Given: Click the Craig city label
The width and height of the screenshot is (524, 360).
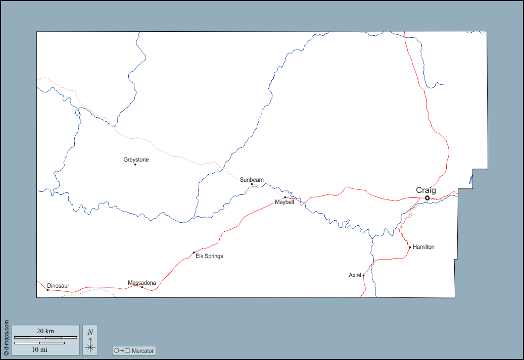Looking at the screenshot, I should coord(425,190).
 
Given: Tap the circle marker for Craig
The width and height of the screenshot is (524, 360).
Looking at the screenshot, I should coord(427,198).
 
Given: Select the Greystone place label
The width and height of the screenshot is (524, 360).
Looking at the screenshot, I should coord(136,160).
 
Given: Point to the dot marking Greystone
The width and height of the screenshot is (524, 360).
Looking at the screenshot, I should coord(135,164).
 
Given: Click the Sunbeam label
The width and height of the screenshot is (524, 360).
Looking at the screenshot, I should coord(252,180).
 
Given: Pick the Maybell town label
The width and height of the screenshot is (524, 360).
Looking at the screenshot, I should coord(284,202).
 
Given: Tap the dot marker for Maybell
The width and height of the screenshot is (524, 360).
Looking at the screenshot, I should coord(285,197).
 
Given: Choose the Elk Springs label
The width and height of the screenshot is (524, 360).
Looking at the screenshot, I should coord(209,256).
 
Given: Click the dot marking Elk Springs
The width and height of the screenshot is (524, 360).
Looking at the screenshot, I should coord(194,252).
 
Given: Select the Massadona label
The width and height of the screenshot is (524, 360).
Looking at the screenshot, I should coord(141,283).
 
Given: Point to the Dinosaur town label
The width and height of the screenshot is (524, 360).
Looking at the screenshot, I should coord(58,286).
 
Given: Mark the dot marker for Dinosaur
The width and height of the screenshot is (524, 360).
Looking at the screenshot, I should coord(47,290).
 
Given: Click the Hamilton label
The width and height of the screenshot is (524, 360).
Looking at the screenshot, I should coord(423,247).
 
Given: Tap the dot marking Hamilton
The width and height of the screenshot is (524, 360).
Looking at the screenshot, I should coord(410,247).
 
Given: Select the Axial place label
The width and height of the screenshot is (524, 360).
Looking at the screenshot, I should coord(355,275).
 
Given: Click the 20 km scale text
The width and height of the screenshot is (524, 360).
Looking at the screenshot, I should coord(45,331).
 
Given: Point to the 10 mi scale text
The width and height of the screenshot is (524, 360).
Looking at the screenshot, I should coord(40,349).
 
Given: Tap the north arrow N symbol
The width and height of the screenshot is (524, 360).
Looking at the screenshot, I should coord(90,332).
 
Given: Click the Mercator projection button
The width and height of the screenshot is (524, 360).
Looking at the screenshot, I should coord(134,350).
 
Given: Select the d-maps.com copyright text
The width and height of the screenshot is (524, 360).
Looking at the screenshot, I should coord(6,337).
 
